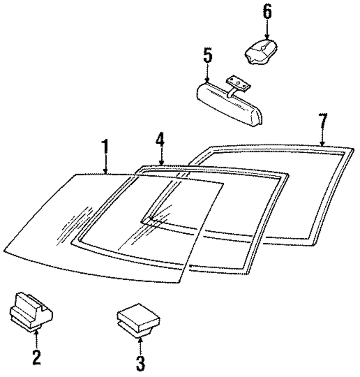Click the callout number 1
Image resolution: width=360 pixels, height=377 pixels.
[x=105, y=148]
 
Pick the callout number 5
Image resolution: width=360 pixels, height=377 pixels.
[x=208, y=57]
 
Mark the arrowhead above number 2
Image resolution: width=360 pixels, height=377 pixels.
[x=36, y=333]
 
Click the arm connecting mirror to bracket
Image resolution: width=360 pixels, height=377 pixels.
[x=231, y=92]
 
